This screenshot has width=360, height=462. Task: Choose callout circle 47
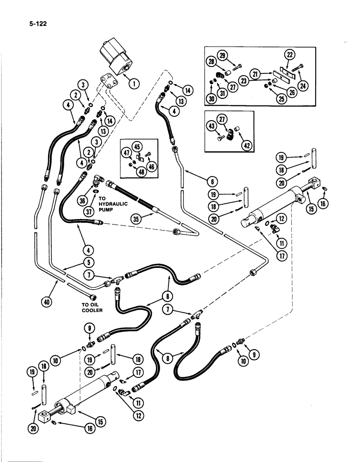pyautogui.click(x=126, y=154)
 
